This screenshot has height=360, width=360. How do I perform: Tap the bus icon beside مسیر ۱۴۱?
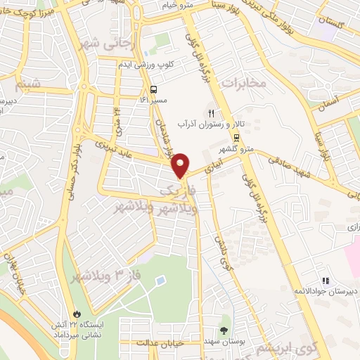pyautogui.click(x=153, y=89)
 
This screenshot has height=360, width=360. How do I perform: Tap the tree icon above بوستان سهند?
pyautogui.click(x=224, y=329)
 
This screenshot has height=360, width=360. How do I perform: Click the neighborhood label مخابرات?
pyautogui.click(x=245, y=84)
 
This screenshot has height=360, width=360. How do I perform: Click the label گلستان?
pyautogui.click(x=334, y=22)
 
